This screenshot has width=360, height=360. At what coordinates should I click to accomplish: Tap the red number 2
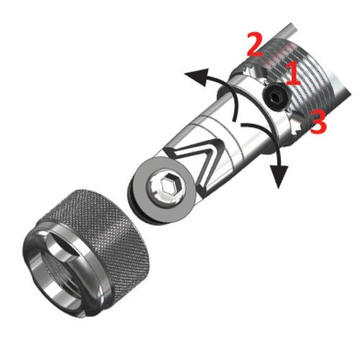coord(256,45)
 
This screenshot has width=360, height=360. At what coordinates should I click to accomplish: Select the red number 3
coord(318,121)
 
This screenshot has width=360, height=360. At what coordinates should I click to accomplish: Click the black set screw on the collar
coord(276,97)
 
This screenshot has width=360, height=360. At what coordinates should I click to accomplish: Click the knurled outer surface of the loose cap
coord(108,230)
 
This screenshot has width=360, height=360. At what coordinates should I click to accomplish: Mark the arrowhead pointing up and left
coord(197,76)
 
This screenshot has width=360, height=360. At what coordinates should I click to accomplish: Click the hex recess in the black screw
coord(274,96)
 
